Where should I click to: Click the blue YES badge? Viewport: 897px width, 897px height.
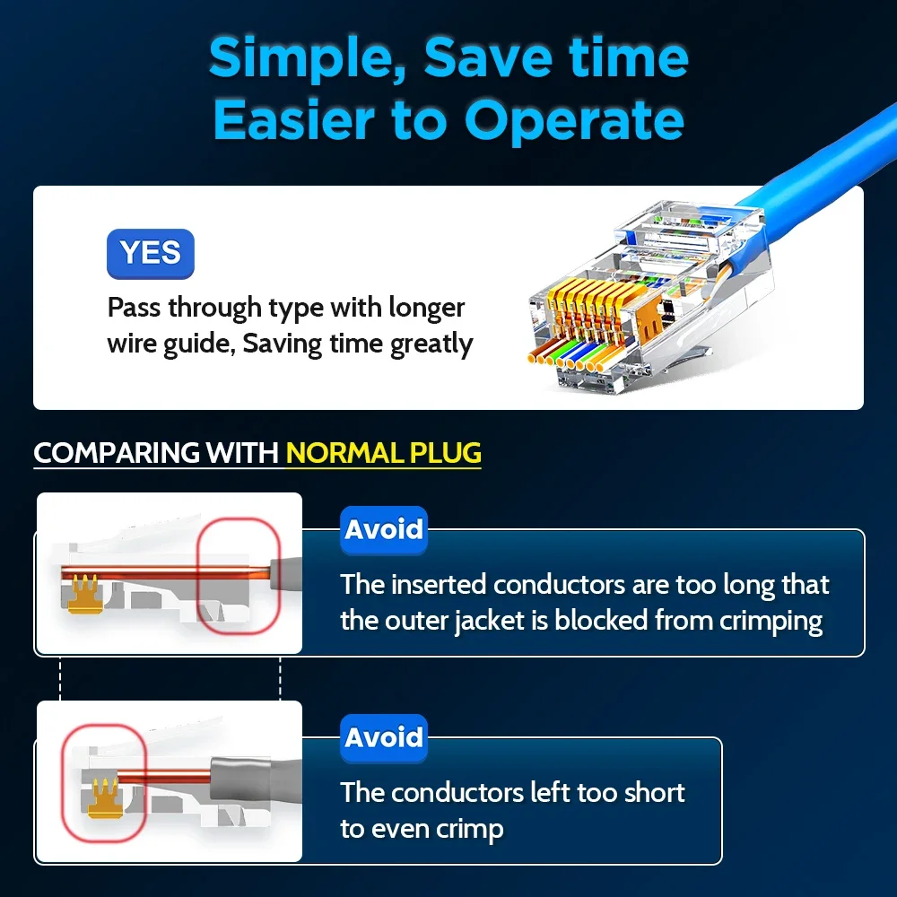(x=150, y=253)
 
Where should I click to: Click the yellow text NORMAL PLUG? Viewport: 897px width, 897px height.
(x=384, y=452)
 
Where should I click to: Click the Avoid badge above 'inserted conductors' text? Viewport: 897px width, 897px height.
(x=384, y=529)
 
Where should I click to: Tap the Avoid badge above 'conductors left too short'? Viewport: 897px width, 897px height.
(x=384, y=737)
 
